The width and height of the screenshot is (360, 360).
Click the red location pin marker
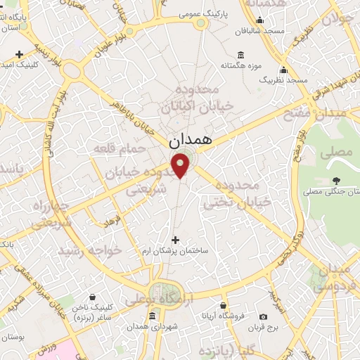coord(181,165)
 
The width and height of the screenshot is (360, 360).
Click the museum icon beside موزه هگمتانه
coord(241,55)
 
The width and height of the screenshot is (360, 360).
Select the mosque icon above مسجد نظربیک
coord(283,70)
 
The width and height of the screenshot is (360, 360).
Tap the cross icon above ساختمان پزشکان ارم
coord(176,240)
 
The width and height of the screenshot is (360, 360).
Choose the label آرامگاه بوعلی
coord(159,300)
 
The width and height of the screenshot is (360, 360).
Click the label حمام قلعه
coord(142,148)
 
